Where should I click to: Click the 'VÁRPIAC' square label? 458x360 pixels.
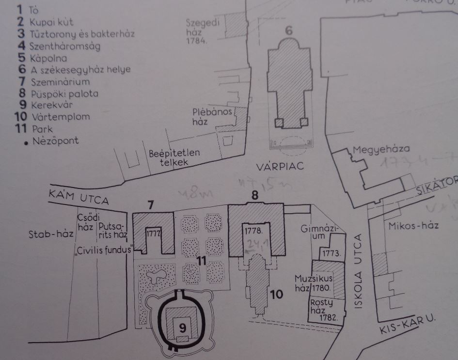coord(280,167)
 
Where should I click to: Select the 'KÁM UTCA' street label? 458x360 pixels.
coord(79,197)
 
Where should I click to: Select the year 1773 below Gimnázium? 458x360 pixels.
coord(332,253)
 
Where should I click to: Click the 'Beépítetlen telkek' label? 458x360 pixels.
coord(174,157)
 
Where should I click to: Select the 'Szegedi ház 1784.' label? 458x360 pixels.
coord(202,31)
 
